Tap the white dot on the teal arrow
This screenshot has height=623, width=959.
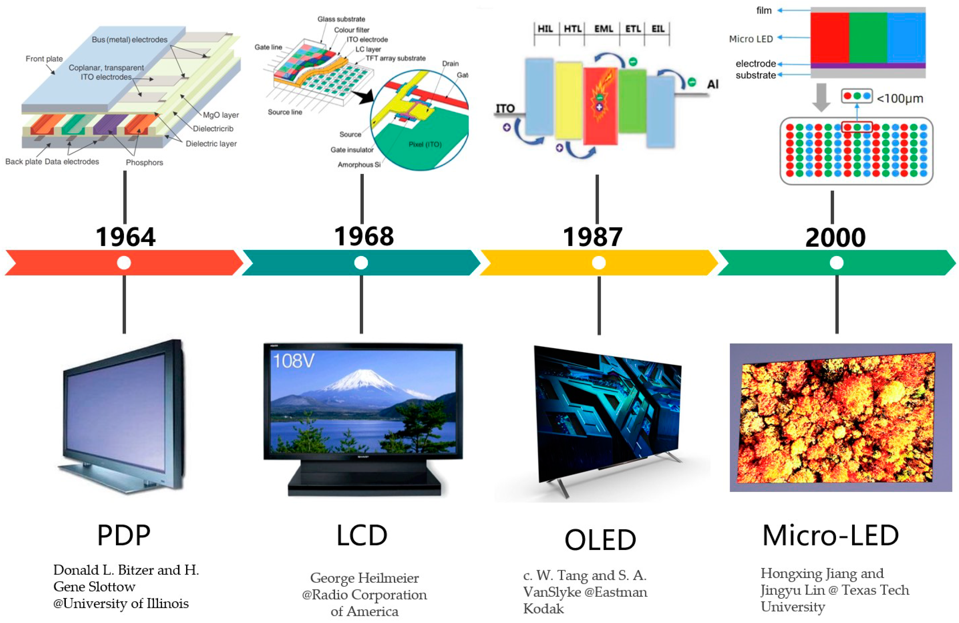pyautogui.click(x=361, y=263)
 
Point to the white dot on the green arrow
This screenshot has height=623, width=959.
pyautogui.click(x=836, y=263)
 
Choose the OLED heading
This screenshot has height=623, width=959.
pyautogui.click(x=600, y=540)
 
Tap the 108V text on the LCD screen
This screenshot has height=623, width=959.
pyautogui.click(x=293, y=360)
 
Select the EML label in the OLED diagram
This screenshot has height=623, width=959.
pyautogui.click(x=603, y=29)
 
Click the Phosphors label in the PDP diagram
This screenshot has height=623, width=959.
pyautogui.click(x=144, y=162)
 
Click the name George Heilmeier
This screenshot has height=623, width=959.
pyautogui.click(x=364, y=578)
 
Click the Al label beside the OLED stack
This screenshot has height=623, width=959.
pyautogui.click(x=712, y=84)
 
